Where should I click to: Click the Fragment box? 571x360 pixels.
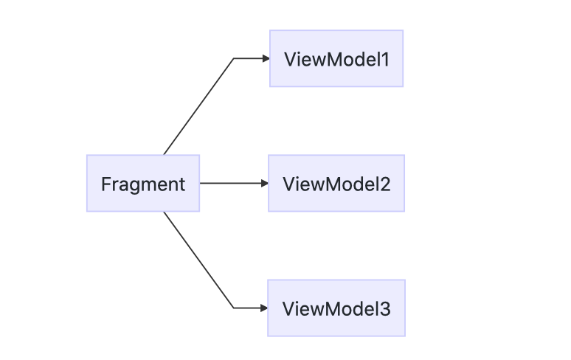click(142, 184)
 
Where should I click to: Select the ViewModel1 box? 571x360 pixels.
click(336, 58)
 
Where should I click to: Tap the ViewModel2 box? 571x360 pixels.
click(336, 184)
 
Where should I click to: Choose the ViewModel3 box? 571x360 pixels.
click(336, 308)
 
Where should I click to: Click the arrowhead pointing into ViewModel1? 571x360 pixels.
click(265, 58)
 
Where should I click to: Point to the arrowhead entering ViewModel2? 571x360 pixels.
click(264, 183)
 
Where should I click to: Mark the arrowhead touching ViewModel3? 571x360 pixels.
click(263, 308)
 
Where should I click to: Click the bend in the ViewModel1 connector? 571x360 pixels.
click(234, 58)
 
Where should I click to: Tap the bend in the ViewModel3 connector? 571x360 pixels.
click(234, 308)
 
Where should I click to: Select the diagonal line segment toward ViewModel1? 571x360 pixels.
click(198, 106)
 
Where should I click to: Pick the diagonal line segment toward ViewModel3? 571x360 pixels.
click(198, 260)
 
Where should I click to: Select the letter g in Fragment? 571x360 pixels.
click(131, 185)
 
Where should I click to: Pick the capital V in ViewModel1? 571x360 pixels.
click(289, 59)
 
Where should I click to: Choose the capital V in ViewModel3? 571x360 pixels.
click(288, 308)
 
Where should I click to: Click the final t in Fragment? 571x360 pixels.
click(181, 184)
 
